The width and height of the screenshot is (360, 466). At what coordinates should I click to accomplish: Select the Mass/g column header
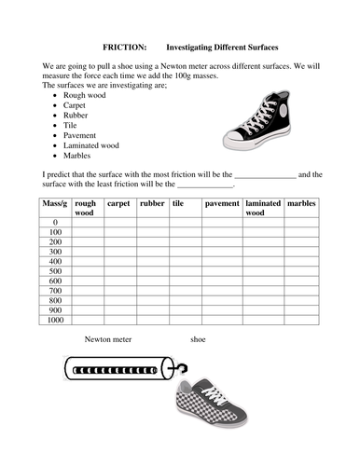point(55,202)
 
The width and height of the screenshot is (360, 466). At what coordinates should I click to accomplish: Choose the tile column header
point(177,202)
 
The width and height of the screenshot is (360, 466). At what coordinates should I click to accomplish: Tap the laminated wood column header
point(262,207)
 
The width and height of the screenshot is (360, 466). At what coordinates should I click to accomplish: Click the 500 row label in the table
point(55,271)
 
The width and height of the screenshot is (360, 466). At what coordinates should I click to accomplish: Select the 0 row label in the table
point(55,221)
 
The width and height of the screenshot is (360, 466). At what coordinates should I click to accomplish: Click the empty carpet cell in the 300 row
point(119,252)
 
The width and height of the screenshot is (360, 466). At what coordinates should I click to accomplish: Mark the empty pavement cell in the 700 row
point(222,292)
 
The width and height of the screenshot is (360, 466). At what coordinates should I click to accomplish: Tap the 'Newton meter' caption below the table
point(106,339)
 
